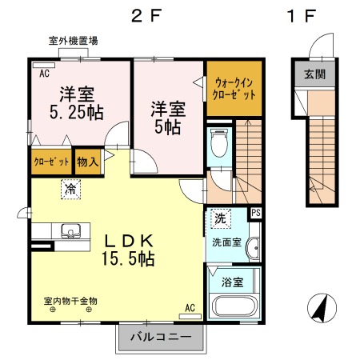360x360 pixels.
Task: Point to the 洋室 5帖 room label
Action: tap(168, 117)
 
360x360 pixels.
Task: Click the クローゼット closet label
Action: tap(50, 162)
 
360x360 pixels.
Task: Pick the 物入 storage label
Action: tap(88, 162)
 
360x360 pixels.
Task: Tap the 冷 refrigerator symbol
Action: tap(71, 190)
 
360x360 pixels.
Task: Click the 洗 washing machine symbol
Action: tap(219, 218)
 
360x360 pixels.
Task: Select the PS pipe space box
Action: tap(256, 213)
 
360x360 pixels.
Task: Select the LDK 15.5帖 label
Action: tap(127, 249)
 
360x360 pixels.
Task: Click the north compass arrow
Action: tap(321, 308)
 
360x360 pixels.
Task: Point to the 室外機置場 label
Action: tap(73, 40)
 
